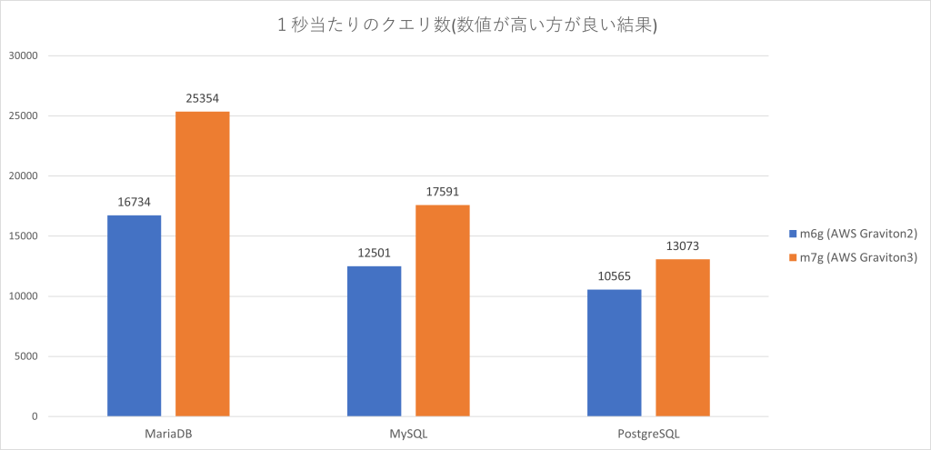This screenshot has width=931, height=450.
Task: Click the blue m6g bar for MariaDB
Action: click(x=134, y=315)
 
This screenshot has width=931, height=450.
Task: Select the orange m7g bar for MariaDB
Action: click(x=202, y=264)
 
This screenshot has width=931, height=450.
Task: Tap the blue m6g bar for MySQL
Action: click(x=374, y=341)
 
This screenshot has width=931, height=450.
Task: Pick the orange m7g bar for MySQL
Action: click(x=442, y=310)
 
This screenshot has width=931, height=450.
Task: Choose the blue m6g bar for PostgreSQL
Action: click(x=614, y=353)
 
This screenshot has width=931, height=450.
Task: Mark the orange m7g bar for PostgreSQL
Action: click(x=682, y=337)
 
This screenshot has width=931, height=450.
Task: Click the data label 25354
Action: click(x=202, y=98)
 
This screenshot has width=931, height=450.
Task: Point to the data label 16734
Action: click(x=134, y=202)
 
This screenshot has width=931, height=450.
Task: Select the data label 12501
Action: click(x=374, y=253)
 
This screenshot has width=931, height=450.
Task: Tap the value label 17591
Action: click(x=442, y=192)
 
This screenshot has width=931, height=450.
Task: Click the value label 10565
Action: click(x=614, y=276)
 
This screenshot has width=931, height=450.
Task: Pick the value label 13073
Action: click(x=682, y=246)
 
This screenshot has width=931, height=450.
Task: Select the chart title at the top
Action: click(x=465, y=26)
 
